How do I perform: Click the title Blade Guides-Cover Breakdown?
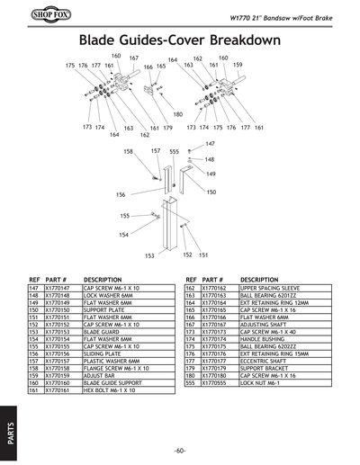click(180, 41)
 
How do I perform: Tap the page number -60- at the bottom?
click(180, 450)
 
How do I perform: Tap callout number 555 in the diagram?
click(174, 151)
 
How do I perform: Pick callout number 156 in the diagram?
click(121, 194)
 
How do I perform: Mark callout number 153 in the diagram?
click(149, 255)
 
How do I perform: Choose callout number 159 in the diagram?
click(238, 66)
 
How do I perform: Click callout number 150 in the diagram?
click(211, 192)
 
